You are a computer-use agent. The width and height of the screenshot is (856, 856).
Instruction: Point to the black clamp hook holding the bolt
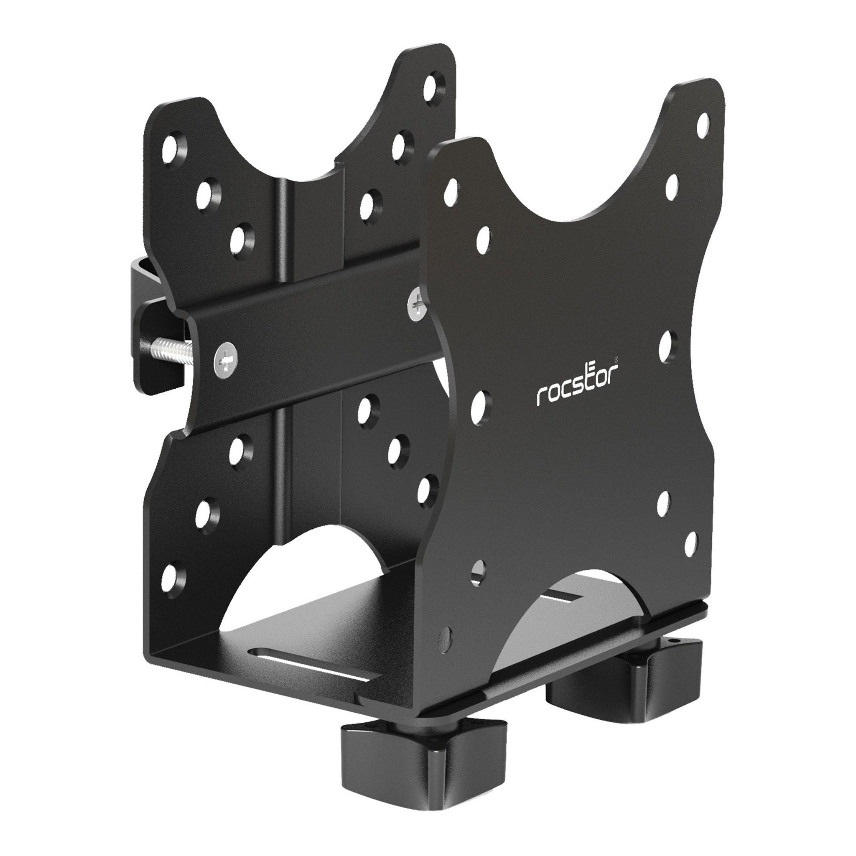[146, 310]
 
